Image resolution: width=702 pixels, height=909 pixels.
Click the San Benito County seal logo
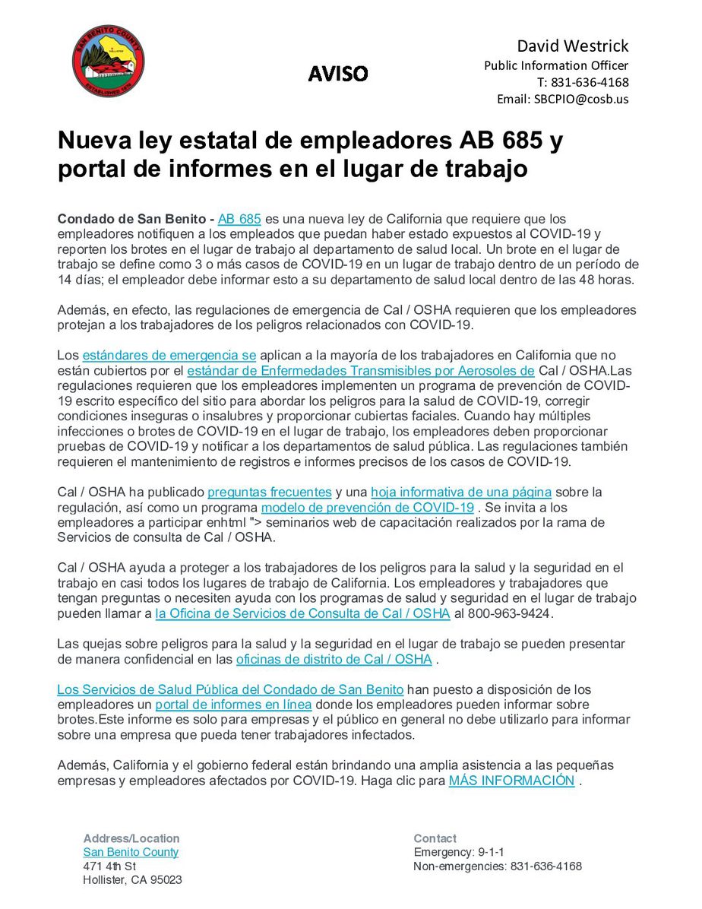click(x=108, y=62)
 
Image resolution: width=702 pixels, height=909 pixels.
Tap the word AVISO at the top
click(x=337, y=74)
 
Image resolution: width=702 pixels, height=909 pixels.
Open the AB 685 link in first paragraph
click(x=239, y=219)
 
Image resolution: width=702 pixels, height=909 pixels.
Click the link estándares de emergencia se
click(x=169, y=355)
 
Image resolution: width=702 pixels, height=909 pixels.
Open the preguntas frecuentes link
click(x=269, y=492)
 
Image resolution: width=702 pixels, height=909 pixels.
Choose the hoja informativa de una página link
click(x=461, y=492)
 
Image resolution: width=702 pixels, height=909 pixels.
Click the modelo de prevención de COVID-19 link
click(x=368, y=507)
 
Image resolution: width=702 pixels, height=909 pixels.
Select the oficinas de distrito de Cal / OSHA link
click(x=334, y=659)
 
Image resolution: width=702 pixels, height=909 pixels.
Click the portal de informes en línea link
click(x=239, y=705)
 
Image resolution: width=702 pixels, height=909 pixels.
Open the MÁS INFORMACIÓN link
click(x=511, y=781)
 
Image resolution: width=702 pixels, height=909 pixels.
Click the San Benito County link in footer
click(x=131, y=852)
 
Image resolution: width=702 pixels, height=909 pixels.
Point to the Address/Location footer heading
click(x=131, y=838)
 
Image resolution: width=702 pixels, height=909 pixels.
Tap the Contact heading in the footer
click(x=435, y=838)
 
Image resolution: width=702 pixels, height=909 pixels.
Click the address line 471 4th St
click(x=109, y=866)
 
